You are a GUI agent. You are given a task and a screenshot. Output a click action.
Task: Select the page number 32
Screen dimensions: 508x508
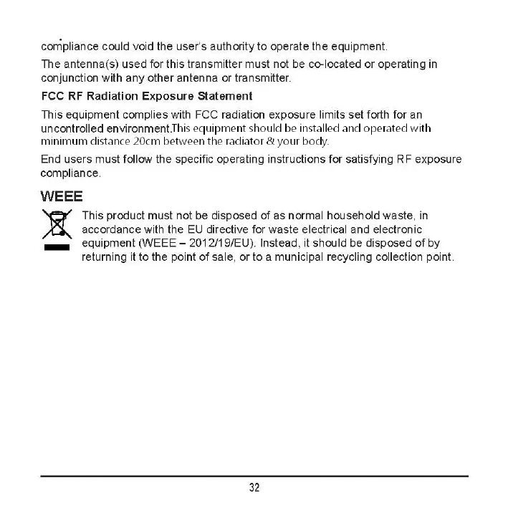point(254,487)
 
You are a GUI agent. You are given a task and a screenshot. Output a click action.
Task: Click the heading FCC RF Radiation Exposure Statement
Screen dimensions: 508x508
point(147,95)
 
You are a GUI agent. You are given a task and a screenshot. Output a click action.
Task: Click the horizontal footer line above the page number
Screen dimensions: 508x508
point(254,476)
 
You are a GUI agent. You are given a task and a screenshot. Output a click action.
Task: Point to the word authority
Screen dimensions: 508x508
point(226,47)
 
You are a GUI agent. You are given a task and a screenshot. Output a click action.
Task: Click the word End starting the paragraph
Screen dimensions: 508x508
point(51,159)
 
